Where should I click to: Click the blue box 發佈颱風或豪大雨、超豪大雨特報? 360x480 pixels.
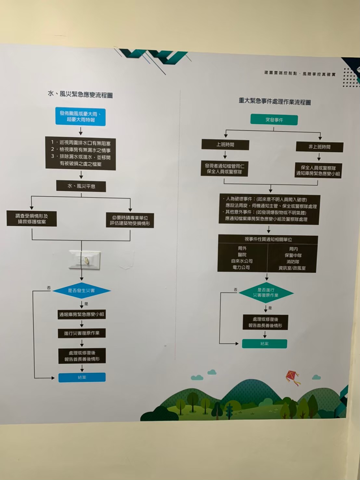coord(80,117)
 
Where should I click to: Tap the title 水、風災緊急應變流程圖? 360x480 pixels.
coord(80,95)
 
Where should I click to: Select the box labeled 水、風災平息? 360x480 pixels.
coord(81,186)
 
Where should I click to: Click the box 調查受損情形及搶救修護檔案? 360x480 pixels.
coord(32,219)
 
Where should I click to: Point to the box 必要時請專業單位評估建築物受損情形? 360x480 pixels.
coord(130,220)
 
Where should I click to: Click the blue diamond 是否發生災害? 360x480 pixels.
coord(81,290)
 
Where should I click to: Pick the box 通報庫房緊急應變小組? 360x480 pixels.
coord(82,314)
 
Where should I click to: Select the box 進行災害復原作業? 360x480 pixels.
coord(82,333)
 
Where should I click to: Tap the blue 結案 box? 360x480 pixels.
coord(82,377)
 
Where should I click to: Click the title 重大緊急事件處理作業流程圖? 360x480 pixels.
coord(275,102)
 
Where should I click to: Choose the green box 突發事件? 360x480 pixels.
coord(274,120)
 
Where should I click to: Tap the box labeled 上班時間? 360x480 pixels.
coord(225,145)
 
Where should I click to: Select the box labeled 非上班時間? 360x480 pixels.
coord(319,147)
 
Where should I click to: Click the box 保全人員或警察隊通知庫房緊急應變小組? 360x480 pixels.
coord(318,171)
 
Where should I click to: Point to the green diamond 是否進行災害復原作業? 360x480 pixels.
coord(266,293)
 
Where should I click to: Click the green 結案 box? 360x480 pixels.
coord(264,344)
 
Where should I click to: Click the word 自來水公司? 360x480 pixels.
coord(242,261)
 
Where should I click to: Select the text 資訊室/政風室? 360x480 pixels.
coord(292,268)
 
